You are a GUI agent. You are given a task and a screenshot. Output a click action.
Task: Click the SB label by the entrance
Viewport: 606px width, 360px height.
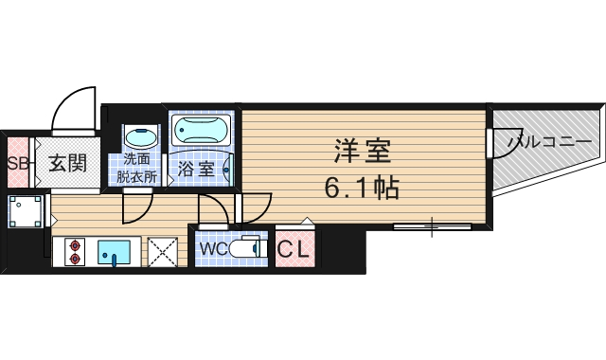(x=16, y=162)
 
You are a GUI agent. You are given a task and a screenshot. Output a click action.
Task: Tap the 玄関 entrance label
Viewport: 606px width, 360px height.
(x=67, y=162)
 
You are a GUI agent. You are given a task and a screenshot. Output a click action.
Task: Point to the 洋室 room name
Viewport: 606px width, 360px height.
(x=362, y=150)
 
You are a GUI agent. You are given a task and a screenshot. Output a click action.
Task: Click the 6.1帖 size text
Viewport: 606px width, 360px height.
(x=362, y=187)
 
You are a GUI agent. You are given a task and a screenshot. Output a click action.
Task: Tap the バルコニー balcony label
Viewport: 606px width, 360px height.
(x=550, y=141)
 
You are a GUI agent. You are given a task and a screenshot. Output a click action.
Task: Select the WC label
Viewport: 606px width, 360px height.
(x=211, y=249)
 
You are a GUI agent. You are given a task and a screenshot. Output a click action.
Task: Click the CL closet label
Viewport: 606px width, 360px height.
(x=296, y=250)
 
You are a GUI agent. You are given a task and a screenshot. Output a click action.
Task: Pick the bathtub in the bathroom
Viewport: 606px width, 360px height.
(x=201, y=129)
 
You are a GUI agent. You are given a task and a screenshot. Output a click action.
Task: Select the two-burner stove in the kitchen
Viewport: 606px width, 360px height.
(x=76, y=253)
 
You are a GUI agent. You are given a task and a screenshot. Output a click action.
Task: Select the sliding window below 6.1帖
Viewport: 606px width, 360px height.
(x=432, y=225)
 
